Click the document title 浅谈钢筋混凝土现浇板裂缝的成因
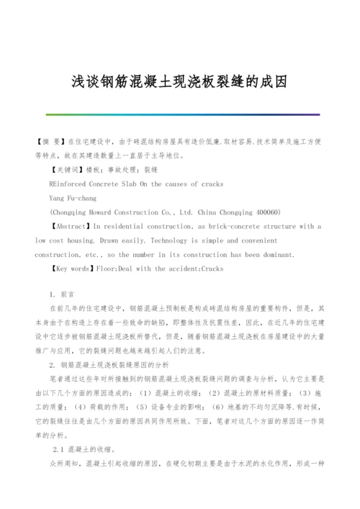pos(179,81)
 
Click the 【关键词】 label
pos(67,170)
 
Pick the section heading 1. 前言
pos(62,295)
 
